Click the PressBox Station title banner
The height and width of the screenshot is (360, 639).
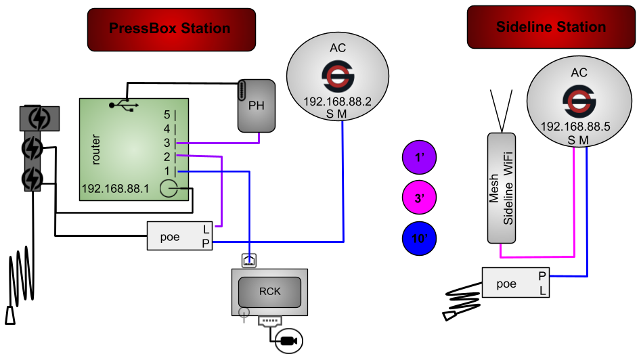pyautogui.click(x=171, y=30)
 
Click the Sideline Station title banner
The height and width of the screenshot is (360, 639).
pyautogui.click(x=551, y=27)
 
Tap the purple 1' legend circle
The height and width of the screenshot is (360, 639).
pyautogui.click(x=420, y=157)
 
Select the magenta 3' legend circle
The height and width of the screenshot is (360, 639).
pyautogui.click(x=420, y=198)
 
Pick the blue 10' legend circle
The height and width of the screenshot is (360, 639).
pyautogui.click(x=420, y=238)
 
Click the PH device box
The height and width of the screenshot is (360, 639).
pyautogui.click(x=257, y=106)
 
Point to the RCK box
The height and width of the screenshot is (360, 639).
pyautogui.click(x=270, y=292)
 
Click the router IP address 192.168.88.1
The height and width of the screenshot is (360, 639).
pyautogui.click(x=115, y=189)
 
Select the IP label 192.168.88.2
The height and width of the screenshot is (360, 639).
pyautogui.click(x=337, y=102)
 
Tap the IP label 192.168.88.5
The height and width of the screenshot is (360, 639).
pyautogui.click(x=575, y=127)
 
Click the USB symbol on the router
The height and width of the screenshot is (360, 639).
pyautogui.click(x=124, y=106)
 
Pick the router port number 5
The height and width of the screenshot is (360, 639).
pyautogui.click(x=167, y=115)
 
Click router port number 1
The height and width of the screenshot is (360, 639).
pyautogui.click(x=167, y=171)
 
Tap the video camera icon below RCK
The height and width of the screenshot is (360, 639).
pyautogui.click(x=289, y=341)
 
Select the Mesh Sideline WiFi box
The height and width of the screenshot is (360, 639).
pyautogui.click(x=502, y=187)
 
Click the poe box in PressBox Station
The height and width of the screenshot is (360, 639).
pyautogui.click(x=180, y=235)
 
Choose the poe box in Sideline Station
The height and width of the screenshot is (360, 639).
pyautogui.click(x=516, y=282)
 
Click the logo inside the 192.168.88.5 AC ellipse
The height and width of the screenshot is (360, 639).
pyautogui.click(x=579, y=101)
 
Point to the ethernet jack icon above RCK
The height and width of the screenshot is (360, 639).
pyautogui.click(x=249, y=261)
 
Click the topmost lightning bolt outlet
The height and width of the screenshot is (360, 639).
pyautogui.click(x=39, y=118)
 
